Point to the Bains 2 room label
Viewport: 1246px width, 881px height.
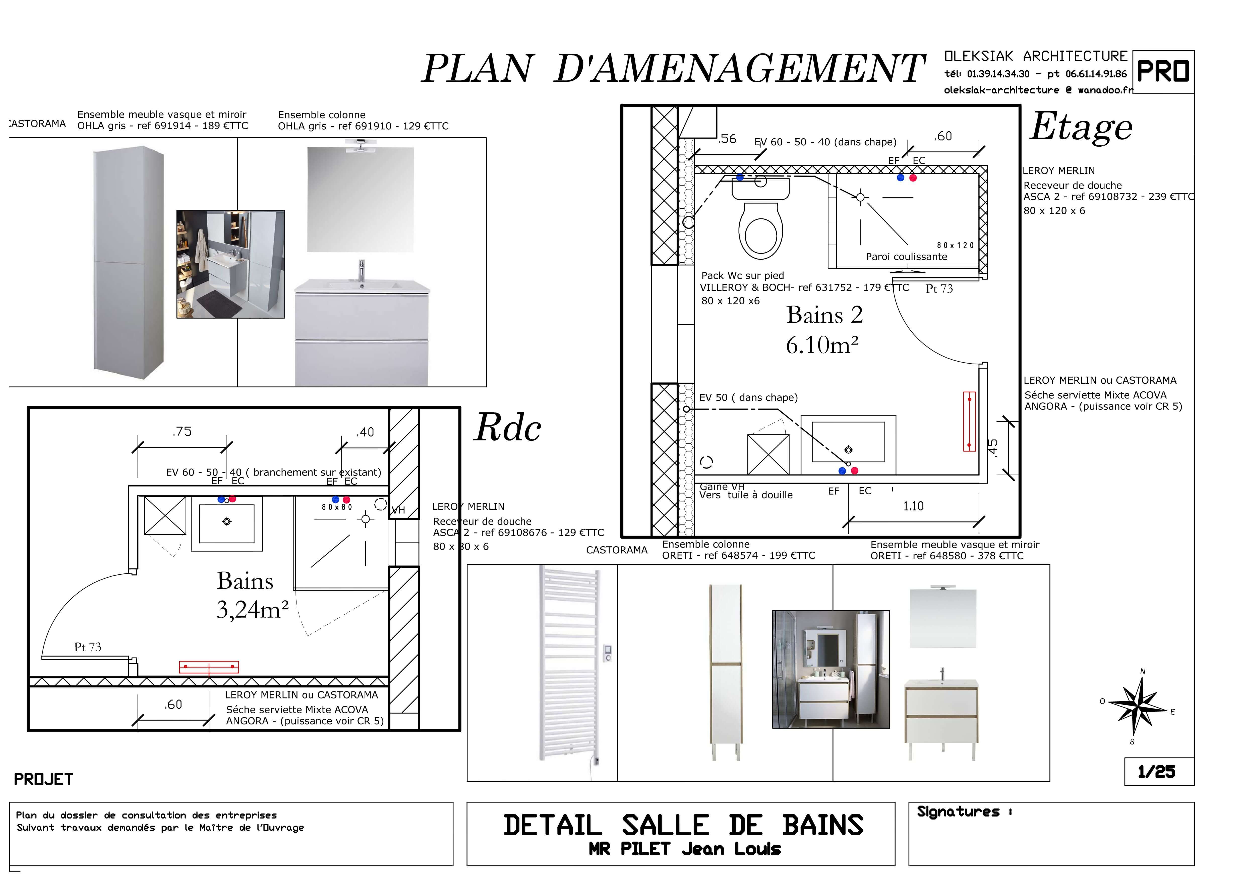click(824, 315)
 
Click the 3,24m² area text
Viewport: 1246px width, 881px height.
click(252, 610)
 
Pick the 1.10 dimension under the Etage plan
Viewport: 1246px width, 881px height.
click(913, 506)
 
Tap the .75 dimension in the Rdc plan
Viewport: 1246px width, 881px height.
click(182, 432)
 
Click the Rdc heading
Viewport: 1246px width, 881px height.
click(507, 428)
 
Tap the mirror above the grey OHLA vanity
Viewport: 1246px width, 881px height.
click(360, 199)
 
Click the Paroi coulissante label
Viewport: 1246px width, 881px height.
click(906, 257)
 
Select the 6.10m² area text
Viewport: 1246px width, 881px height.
click(822, 345)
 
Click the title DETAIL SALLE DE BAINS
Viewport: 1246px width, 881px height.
click(683, 826)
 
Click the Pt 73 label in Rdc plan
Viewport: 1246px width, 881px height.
click(87, 647)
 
